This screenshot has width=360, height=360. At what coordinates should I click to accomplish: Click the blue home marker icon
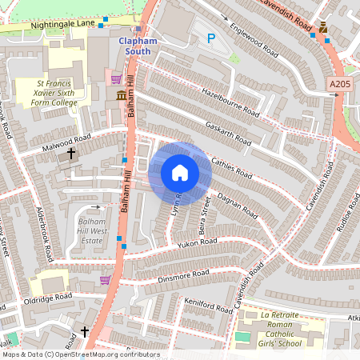click(x=180, y=172)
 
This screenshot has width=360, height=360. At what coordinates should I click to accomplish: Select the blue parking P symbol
click(x=211, y=38)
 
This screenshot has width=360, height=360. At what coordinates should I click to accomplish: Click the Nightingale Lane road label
click(x=63, y=26)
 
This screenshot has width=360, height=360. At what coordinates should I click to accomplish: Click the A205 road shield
click(x=339, y=82)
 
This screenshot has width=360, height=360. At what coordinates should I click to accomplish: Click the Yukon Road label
click(x=198, y=242)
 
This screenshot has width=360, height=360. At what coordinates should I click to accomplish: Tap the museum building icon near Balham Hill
click(x=121, y=96)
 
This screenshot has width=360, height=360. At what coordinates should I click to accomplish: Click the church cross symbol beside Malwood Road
click(x=70, y=152)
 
